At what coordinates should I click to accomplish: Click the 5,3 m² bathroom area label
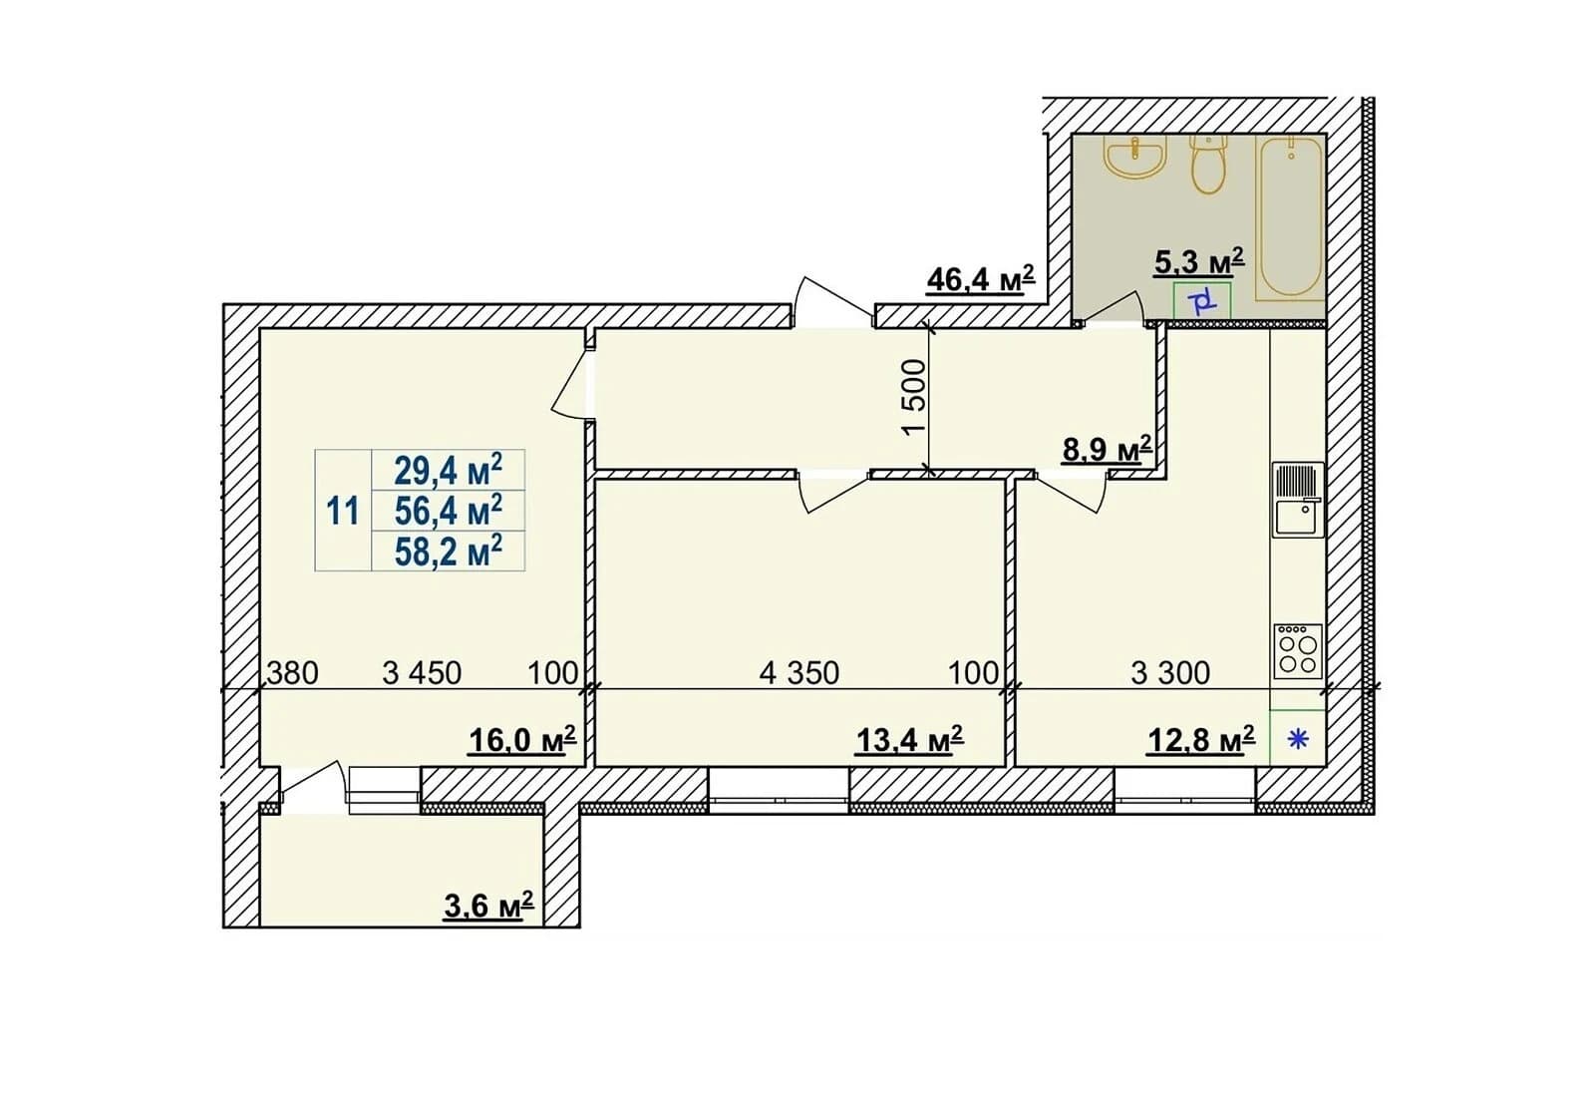[1199, 261]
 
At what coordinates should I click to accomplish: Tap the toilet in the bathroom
[1208, 165]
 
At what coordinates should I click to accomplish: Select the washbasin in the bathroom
[1135, 157]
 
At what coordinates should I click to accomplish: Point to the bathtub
[1289, 218]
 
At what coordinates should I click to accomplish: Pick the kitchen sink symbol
[1298, 500]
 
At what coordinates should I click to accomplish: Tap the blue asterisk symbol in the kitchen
[1298, 740]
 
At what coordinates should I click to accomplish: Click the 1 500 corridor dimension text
[913, 397]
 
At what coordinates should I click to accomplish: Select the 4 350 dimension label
[798, 673]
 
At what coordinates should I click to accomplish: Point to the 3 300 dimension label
[1170, 673]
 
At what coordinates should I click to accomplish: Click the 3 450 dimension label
[422, 673]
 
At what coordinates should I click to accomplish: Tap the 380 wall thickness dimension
[292, 673]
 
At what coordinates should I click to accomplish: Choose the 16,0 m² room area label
[522, 741]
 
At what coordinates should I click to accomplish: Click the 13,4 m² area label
[909, 741]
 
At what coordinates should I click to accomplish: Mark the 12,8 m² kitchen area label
[1201, 741]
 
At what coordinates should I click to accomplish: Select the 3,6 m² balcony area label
[488, 907]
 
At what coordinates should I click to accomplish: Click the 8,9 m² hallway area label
[1108, 450]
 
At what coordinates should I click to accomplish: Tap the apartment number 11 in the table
[343, 512]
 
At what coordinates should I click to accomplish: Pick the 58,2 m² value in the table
[449, 551]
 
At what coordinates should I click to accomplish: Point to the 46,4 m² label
[981, 279]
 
